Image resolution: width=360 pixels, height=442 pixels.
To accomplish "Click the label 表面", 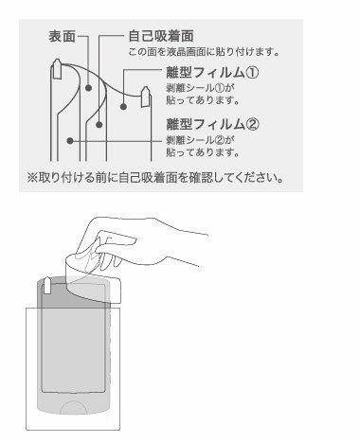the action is point(63,36).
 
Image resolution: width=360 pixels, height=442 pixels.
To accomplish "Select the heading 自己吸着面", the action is point(161,36).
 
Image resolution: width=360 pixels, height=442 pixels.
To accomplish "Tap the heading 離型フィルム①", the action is point(212,73).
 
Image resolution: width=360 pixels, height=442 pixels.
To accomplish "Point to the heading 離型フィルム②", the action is point(212,124).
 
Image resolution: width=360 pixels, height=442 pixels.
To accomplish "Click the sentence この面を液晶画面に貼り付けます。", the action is point(204,52).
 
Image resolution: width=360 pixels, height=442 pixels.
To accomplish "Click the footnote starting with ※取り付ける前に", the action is point(155,178).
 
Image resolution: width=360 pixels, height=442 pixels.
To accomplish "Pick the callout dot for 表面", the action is point(89,88).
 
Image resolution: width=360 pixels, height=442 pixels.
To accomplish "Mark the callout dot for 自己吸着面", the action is point(99,125).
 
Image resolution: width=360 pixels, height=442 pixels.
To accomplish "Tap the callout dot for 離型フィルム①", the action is point(123,106).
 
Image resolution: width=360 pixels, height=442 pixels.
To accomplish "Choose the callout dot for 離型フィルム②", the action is point(70,141).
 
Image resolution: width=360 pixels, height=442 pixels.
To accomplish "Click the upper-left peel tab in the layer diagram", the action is point(57,68).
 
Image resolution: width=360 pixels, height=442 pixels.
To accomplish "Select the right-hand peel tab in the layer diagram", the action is point(145,97).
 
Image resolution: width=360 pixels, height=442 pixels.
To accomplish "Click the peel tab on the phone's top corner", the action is point(46,286).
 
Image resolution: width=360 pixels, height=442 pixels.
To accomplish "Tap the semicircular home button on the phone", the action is point(73,407).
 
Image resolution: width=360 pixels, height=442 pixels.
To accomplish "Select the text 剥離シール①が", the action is point(200,88).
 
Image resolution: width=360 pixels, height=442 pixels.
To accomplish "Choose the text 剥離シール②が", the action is point(200,140).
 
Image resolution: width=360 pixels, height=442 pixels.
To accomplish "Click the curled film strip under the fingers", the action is point(93,277).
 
